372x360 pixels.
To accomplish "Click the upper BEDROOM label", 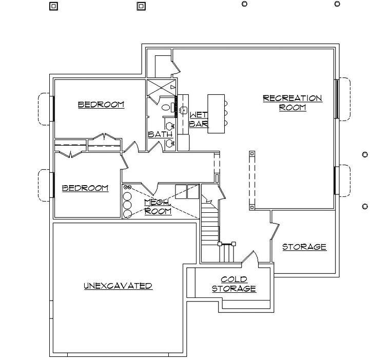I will (101, 105).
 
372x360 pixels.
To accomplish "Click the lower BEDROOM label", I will (85, 188).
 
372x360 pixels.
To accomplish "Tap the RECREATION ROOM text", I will (292, 103).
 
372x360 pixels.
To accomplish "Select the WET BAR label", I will (199, 119).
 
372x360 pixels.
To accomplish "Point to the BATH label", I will (160, 134).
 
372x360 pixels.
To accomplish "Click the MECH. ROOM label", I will (158, 207).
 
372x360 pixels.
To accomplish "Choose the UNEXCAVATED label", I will (118, 286).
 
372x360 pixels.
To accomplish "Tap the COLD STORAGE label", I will (234, 284).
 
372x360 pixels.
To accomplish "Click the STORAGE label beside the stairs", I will (304, 247).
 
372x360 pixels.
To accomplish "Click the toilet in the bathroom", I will (166, 108).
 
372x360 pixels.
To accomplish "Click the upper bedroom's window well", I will (45, 108).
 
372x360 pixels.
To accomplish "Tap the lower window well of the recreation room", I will (342, 181).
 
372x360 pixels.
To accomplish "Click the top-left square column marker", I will (54, 6).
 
